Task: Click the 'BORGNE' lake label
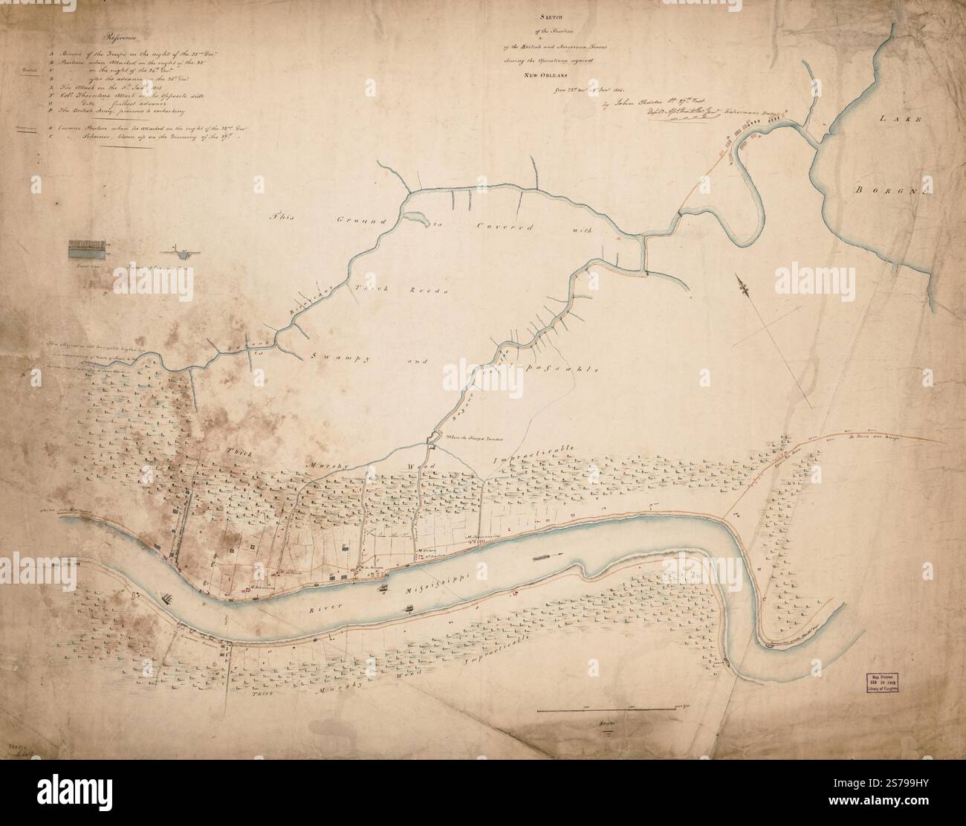[x=890, y=190]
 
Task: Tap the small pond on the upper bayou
[x=412, y=218]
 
